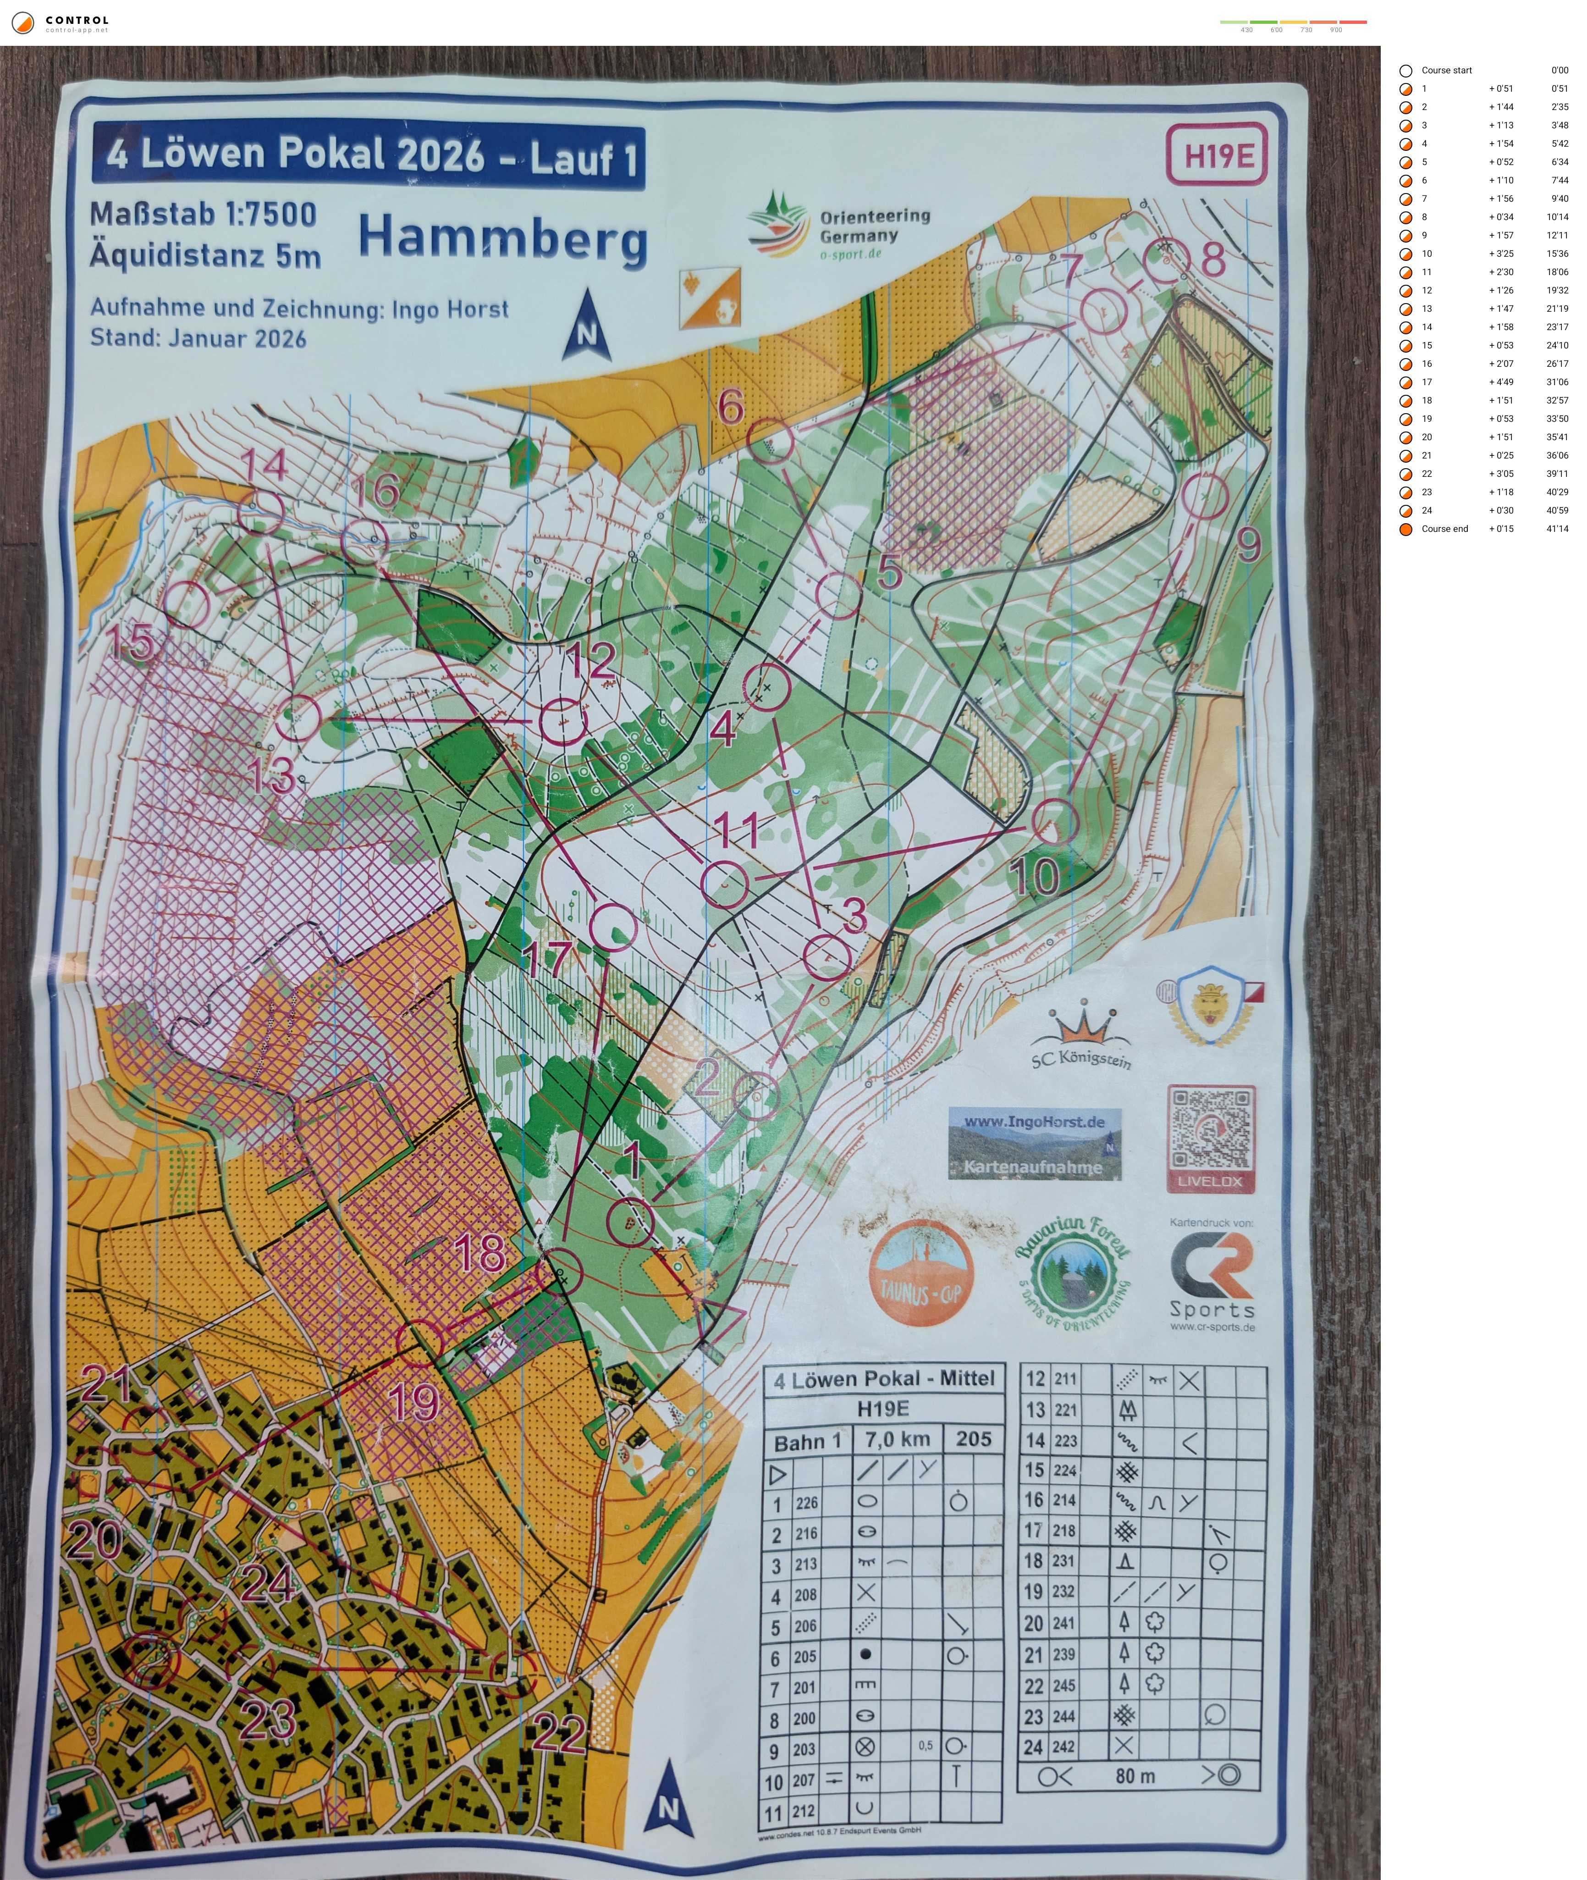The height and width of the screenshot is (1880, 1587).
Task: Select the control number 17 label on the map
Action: click(x=547, y=960)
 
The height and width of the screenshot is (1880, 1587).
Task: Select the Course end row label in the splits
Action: click(x=1444, y=528)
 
